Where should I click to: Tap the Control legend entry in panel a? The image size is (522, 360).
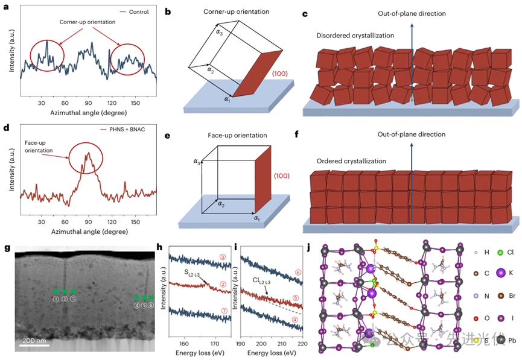pos(135,11)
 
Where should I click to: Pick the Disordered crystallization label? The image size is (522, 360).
pos(355,36)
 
